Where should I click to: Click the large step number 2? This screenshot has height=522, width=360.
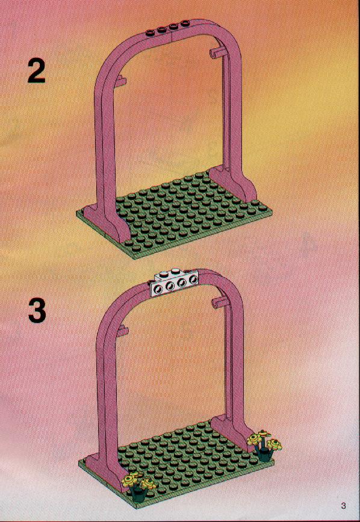pos(36,71)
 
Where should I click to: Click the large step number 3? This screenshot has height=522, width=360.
pos(37,310)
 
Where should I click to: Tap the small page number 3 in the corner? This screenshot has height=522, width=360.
pos(343,506)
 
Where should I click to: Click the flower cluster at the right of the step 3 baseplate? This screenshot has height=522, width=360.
pos(264,445)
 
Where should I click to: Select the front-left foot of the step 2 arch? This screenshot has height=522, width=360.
pos(107,223)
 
